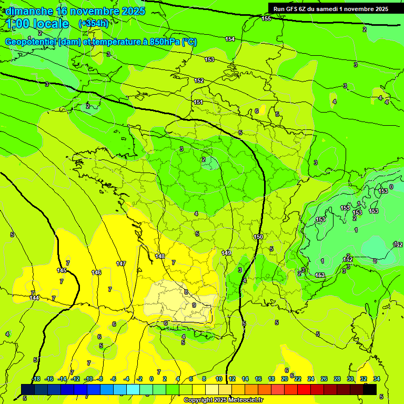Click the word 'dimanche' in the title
(x=29, y=11)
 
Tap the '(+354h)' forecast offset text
(x=94, y=23)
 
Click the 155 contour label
(x=267, y=18)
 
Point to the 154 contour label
(x=230, y=39)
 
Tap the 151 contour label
(x=198, y=102)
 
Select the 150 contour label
(x=258, y=237)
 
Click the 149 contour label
(x=226, y=253)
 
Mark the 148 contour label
(x=160, y=256)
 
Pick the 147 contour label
(x=121, y=263)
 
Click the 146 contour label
(x=96, y=272)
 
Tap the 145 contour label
(x=62, y=270)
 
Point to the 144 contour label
(x=35, y=298)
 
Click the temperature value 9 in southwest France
(x=194, y=305)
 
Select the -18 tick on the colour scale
(x=36, y=379)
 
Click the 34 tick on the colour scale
(x=376, y=379)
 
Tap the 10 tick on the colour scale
(x=219, y=379)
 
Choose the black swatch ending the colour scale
(x=370, y=389)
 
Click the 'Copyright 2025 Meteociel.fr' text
(x=223, y=400)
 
